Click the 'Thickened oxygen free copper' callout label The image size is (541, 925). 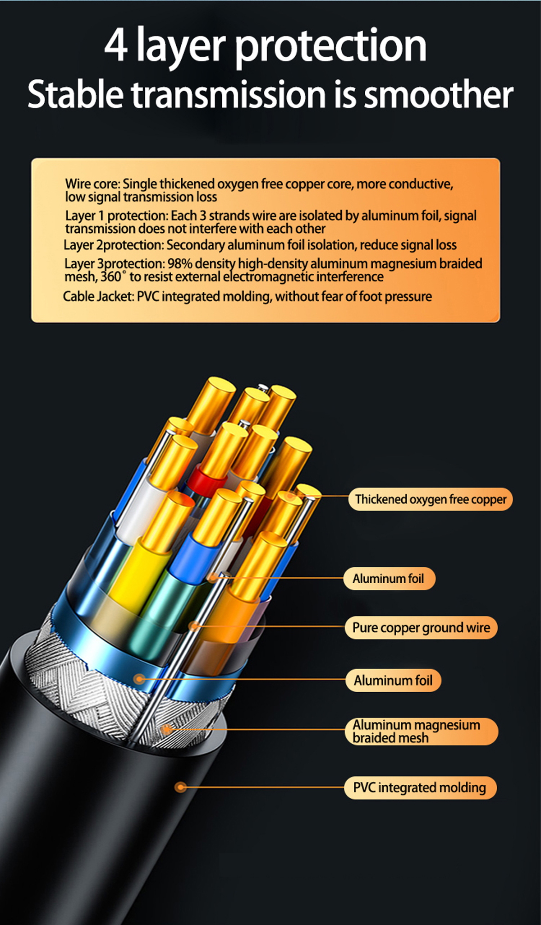point(431,499)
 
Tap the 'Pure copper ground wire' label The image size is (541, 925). point(421,627)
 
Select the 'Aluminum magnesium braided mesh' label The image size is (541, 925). point(422,731)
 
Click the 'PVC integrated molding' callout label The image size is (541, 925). point(420,787)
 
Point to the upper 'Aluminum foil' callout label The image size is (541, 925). point(389,578)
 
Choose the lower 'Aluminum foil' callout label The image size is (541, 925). point(393,680)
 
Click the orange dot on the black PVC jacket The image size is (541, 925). point(181,787)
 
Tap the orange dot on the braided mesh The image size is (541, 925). point(167,729)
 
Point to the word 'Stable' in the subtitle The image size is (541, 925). point(75,94)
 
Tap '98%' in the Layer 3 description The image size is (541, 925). point(180,263)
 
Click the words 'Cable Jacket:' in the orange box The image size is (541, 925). point(98,296)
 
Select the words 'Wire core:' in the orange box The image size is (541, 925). point(92,184)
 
